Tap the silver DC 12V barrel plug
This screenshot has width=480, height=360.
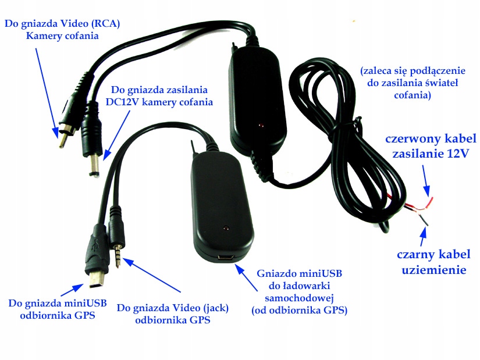click(93, 167)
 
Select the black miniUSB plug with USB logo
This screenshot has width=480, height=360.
click(96, 256)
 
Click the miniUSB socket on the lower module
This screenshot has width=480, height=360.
click(225, 256)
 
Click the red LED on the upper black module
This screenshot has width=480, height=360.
click(260, 126)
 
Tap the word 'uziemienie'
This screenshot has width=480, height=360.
click(433, 269)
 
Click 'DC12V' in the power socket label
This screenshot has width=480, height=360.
click(125, 102)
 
